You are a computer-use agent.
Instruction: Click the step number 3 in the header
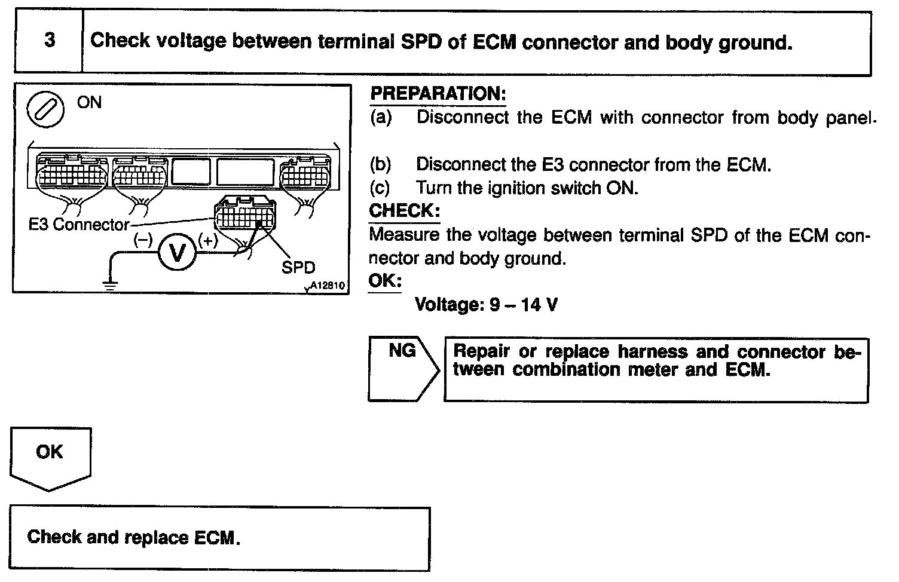[x=50, y=41]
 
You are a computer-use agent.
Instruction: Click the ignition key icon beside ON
[x=46, y=112]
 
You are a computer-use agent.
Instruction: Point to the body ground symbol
[x=111, y=284]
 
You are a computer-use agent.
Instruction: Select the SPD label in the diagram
[x=298, y=267]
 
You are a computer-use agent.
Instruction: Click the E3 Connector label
[x=79, y=225]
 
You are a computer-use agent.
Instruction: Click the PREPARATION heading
[x=438, y=94]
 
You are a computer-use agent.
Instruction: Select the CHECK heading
[x=404, y=210]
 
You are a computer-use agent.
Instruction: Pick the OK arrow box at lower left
[x=50, y=457]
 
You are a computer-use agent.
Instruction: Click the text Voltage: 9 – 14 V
[x=487, y=305]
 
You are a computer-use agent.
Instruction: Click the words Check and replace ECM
[x=134, y=537]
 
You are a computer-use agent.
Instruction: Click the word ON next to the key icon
[x=90, y=102]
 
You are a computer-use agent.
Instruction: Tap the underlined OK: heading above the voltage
[x=384, y=281]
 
